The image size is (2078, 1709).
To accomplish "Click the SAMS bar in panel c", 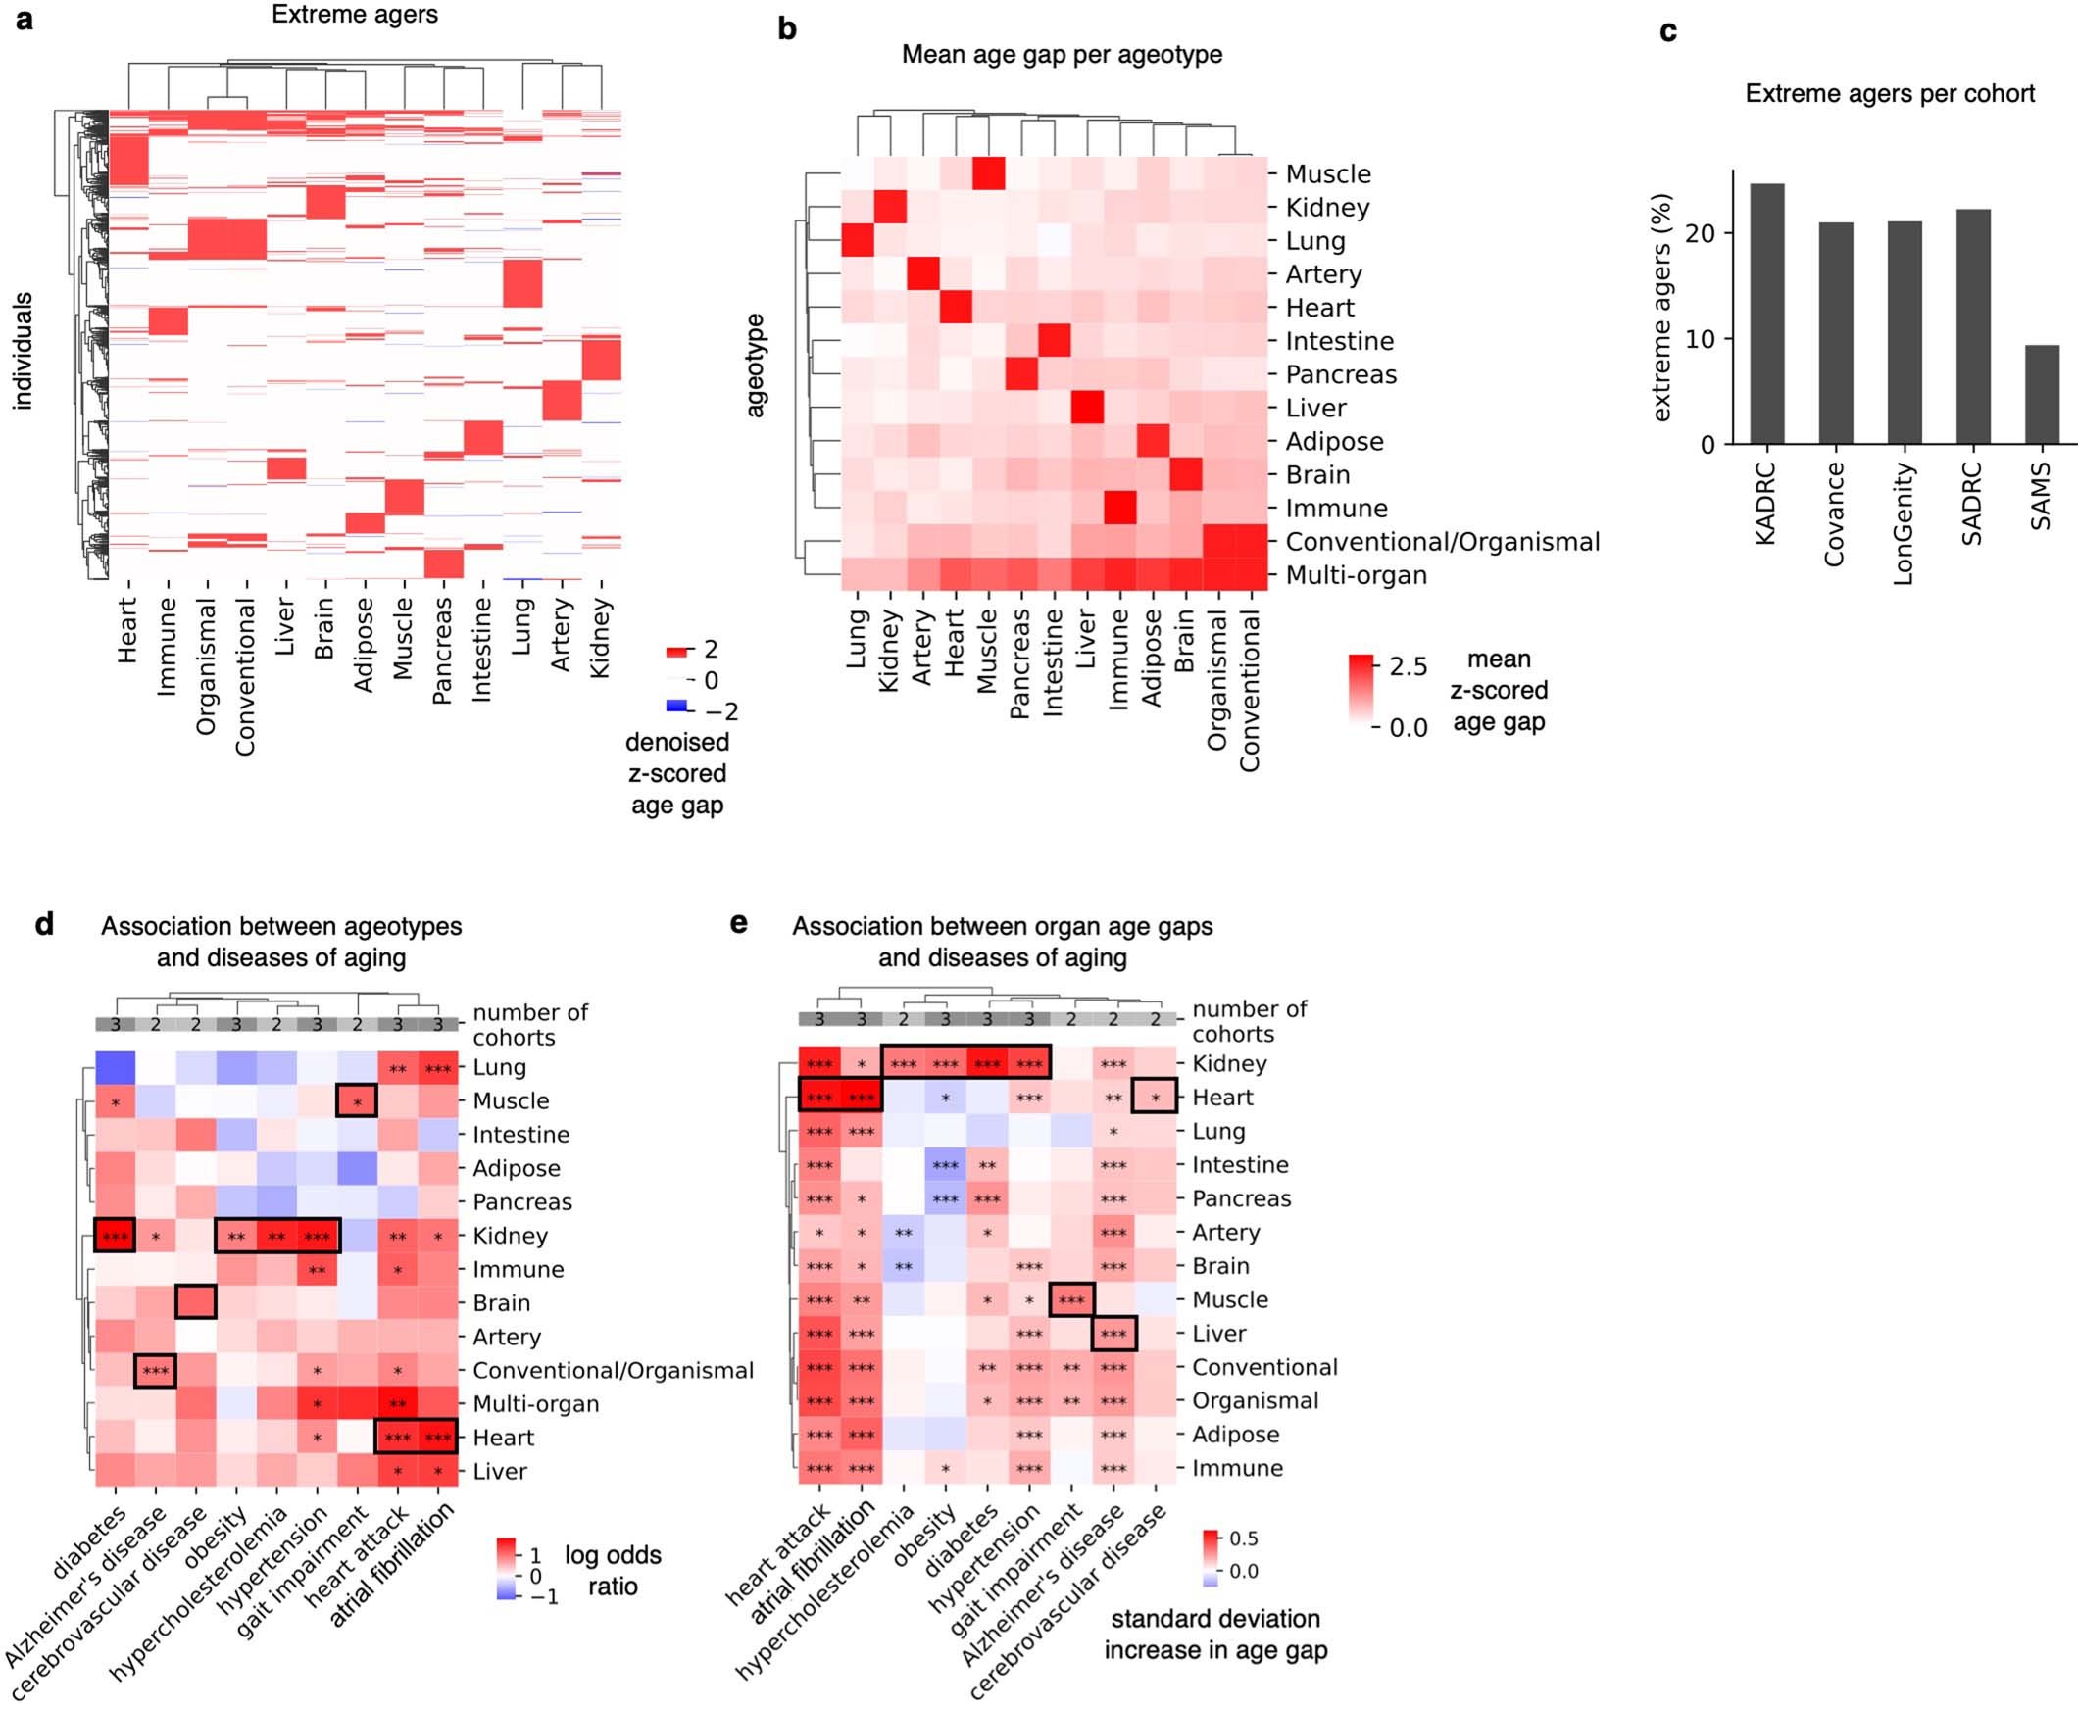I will (2042, 394).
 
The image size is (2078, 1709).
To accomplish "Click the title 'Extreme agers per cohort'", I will (1889, 93).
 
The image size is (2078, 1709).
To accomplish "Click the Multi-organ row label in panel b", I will (1356, 576).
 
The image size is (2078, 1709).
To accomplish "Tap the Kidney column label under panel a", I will (600, 638).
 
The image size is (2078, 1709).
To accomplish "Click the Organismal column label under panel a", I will (206, 666).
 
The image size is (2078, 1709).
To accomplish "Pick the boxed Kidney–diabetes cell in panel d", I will (115, 1236).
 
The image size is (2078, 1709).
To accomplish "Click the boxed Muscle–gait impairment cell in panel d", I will (357, 1100).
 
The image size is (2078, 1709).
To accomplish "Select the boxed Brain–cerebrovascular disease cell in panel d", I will (195, 1302).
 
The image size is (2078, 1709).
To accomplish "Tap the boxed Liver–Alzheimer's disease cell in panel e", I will (1113, 1334).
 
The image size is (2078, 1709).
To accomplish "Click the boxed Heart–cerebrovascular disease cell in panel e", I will (1155, 1098).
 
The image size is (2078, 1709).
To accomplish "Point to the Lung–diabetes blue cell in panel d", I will (115, 1068).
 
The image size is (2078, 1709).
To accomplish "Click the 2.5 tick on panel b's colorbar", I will (1408, 666).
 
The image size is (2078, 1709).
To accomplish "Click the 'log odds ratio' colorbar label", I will (612, 1570).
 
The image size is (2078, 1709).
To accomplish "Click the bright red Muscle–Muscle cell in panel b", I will (988, 173).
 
